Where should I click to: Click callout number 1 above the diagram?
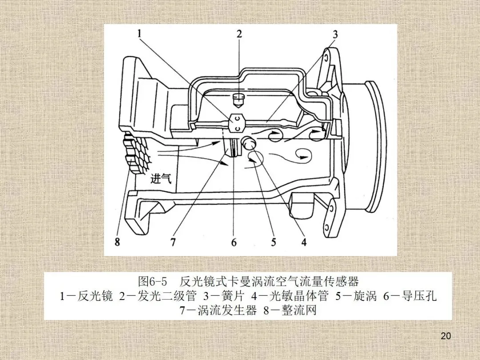(x=140, y=33)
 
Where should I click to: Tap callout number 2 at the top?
(x=240, y=34)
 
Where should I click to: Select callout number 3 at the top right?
(x=335, y=34)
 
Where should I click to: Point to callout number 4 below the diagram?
(x=304, y=242)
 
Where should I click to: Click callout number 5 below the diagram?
(x=273, y=242)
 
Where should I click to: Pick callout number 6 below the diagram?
(x=234, y=242)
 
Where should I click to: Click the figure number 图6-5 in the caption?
(x=152, y=281)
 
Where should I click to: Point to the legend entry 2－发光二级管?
(x=157, y=296)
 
